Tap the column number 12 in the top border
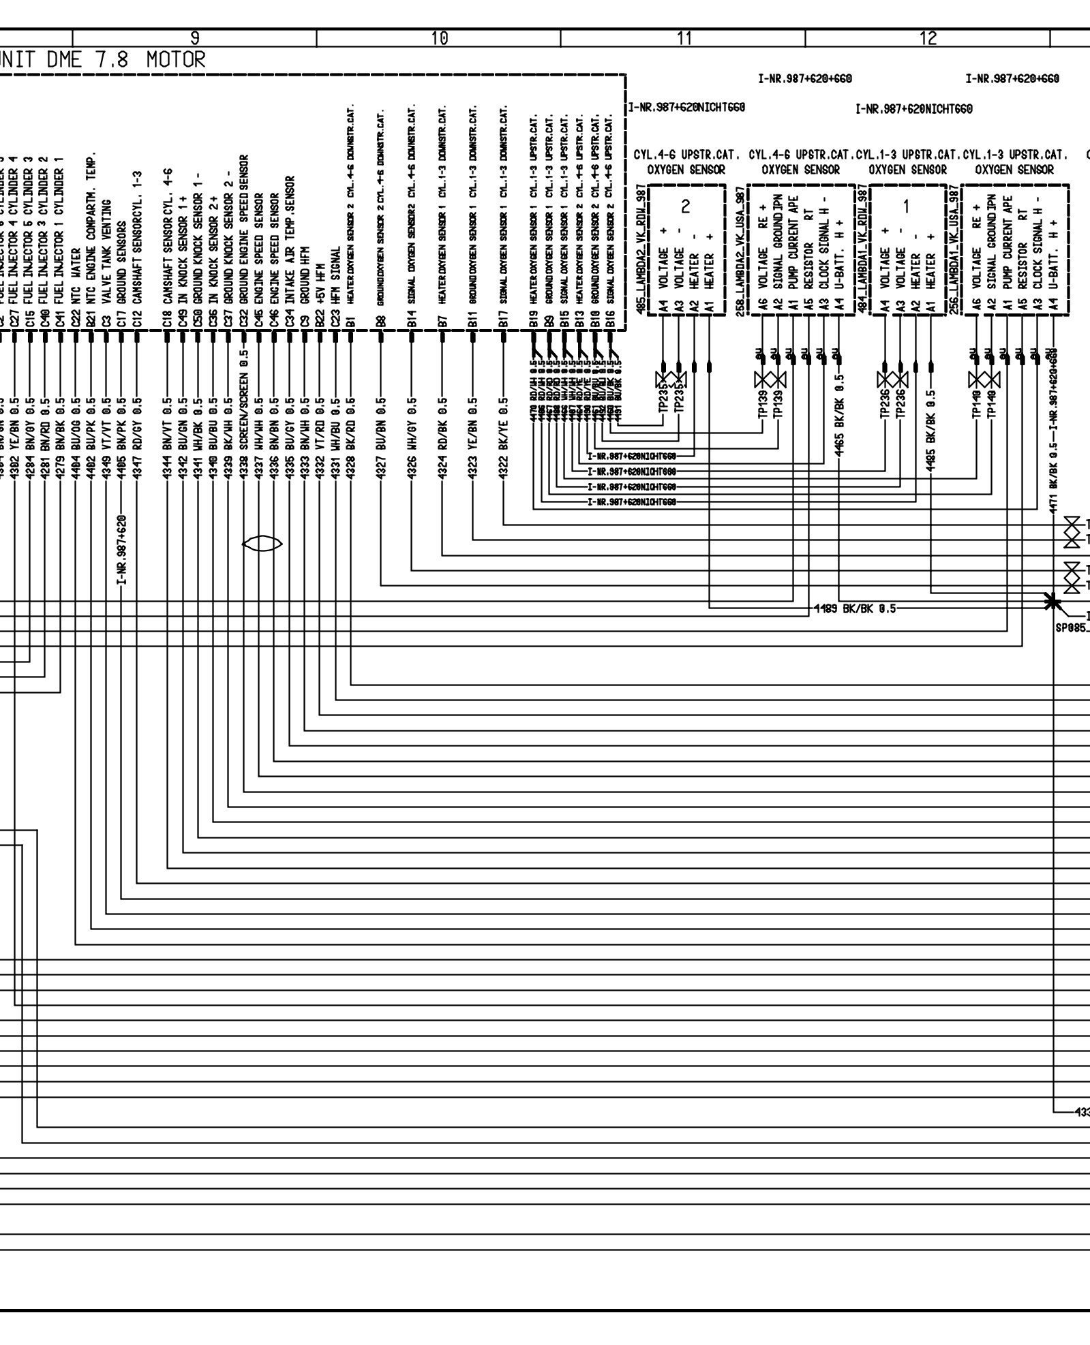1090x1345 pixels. (928, 38)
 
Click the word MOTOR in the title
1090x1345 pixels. (175, 61)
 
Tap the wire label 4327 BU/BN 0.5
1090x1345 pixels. (381, 437)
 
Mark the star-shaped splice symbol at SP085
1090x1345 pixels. (1053, 602)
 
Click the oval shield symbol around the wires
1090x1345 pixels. (262, 544)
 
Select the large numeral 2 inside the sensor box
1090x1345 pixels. (686, 206)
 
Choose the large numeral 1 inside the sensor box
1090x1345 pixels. (906, 206)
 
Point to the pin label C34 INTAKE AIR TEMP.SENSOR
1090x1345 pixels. (290, 249)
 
